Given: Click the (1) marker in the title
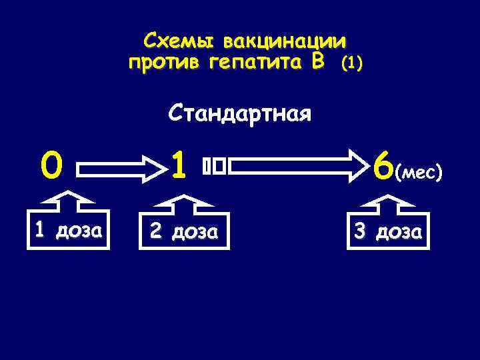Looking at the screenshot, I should [351, 64].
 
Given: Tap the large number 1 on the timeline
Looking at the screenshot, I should [177, 165].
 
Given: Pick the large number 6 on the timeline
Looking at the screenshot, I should [384, 167].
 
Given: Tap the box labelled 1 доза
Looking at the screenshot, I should [68, 231].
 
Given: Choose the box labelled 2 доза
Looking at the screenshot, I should [183, 231].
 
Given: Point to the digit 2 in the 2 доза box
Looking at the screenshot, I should [155, 231].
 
